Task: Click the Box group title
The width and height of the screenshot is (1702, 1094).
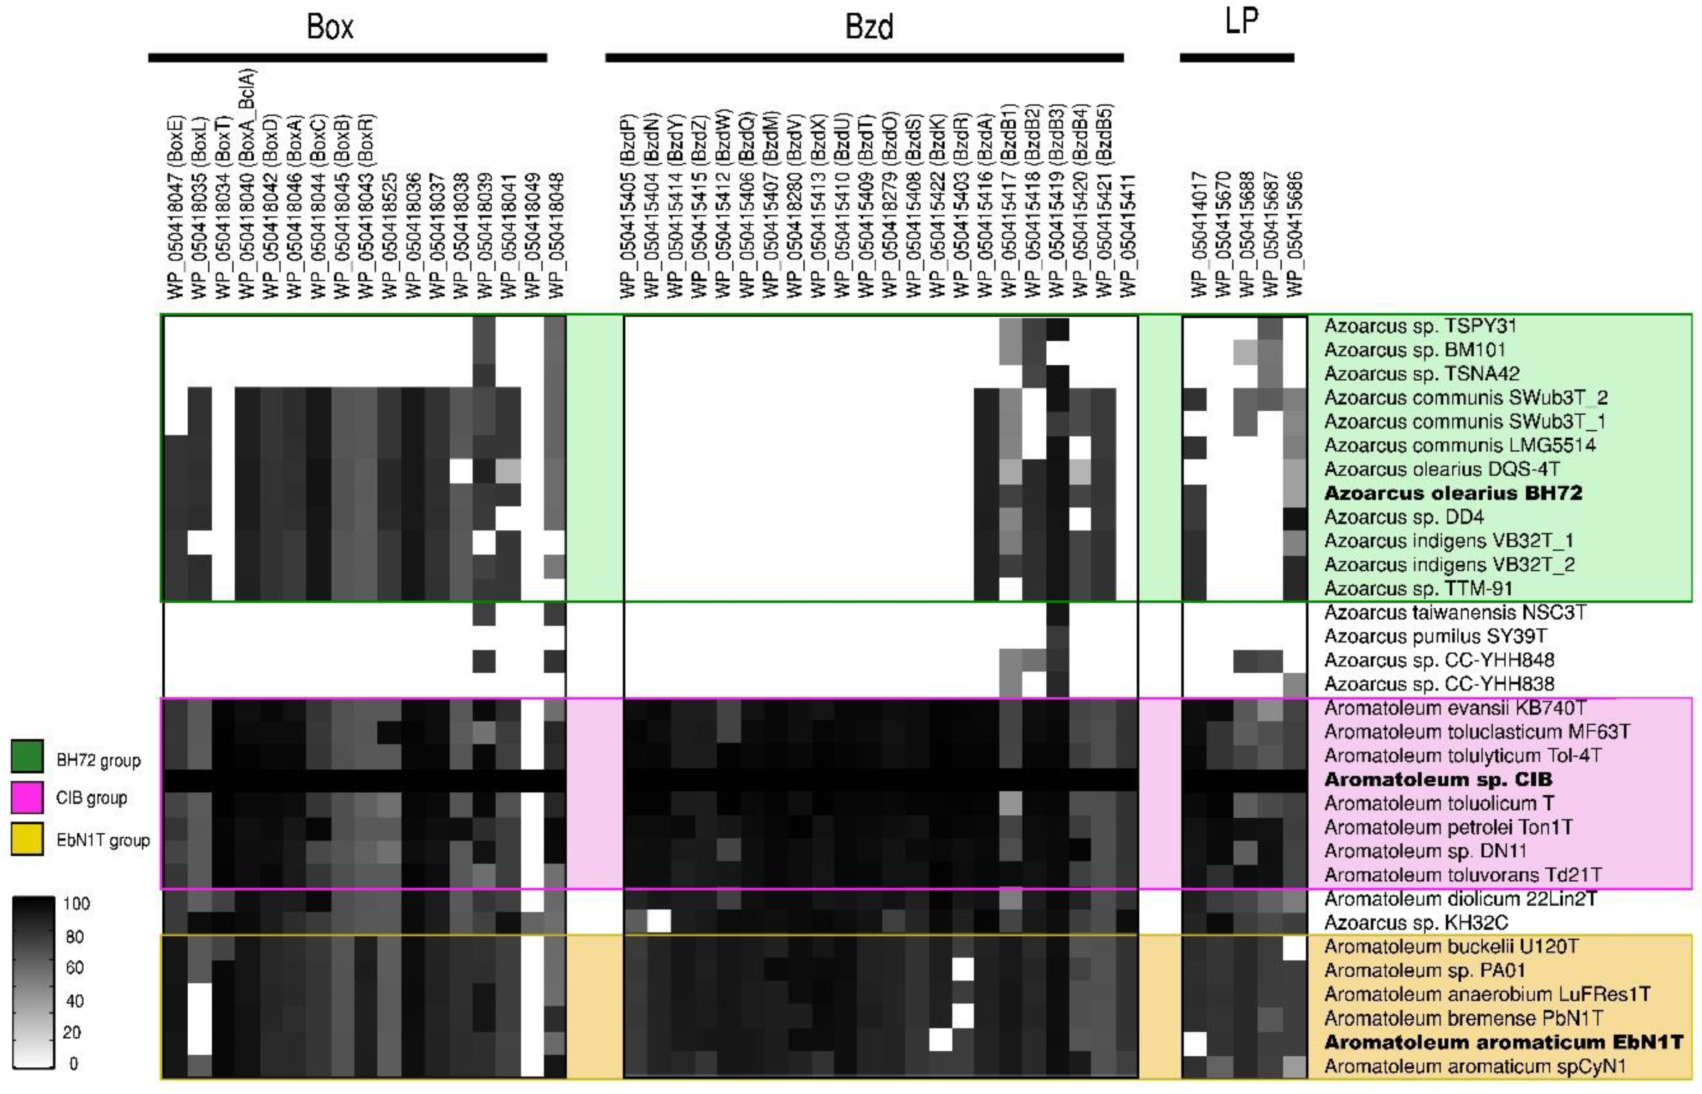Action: click(330, 27)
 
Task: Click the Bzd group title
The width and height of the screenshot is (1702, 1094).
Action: click(869, 27)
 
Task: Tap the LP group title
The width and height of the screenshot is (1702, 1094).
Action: click(1241, 21)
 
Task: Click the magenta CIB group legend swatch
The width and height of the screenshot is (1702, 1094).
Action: click(27, 797)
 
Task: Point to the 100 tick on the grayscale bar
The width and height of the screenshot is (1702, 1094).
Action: click(76, 903)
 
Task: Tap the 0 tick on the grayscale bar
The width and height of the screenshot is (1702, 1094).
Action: click(73, 1063)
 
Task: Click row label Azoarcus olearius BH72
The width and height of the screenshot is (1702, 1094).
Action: click(1453, 493)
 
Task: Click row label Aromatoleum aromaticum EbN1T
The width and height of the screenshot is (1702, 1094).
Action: click(1503, 1042)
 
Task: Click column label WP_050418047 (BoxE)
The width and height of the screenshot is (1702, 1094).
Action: click(175, 206)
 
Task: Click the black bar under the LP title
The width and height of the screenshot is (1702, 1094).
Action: click(1236, 57)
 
